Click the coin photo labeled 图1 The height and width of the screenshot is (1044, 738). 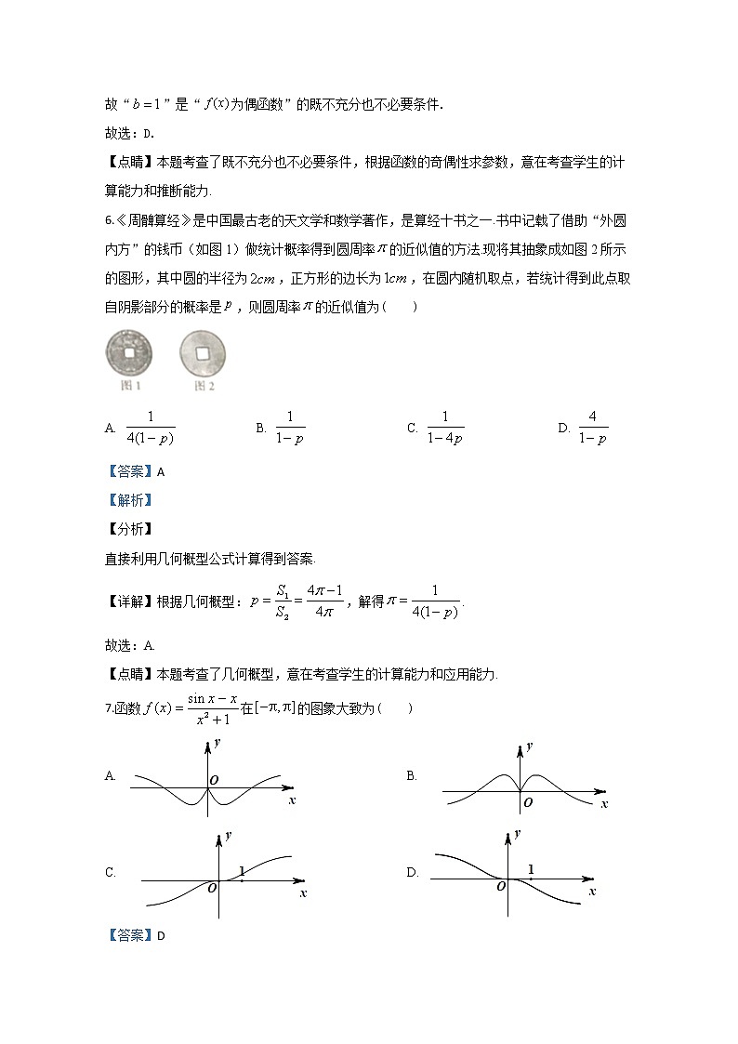tap(129, 353)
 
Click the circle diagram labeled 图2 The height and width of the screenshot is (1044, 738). tap(202, 353)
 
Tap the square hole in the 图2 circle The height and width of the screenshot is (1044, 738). tap(202, 353)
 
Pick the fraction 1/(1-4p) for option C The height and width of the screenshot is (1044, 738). tap(445, 429)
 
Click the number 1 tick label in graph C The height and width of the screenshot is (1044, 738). tap(242, 870)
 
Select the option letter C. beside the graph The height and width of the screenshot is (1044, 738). tap(111, 872)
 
